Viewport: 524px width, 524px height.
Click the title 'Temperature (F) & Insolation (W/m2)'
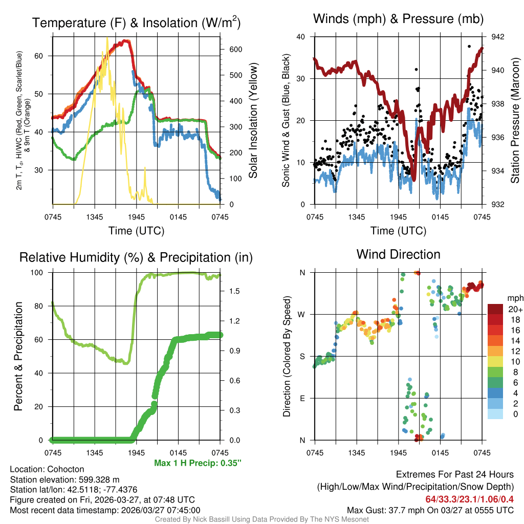click(136, 23)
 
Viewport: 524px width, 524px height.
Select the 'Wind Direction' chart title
click(398, 254)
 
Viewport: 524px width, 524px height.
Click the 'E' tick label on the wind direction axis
click(302, 398)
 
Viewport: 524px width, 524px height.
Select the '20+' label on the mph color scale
click(514, 310)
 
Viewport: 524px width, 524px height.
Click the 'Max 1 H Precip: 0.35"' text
click(198, 463)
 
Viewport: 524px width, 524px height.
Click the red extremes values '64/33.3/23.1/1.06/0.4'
click(469, 499)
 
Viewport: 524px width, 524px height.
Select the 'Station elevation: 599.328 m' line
click(64, 479)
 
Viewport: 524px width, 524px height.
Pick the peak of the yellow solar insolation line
click(107, 38)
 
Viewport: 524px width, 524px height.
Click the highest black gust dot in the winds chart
click(469, 46)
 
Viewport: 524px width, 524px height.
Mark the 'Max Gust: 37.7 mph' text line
click(430, 510)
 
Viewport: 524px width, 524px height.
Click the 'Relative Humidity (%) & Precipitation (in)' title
click(136, 257)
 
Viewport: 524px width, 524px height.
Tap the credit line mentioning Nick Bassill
click(262, 519)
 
